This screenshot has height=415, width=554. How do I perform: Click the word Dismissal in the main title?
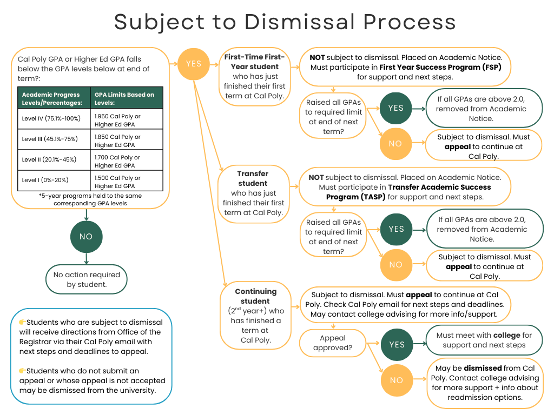tap(299, 22)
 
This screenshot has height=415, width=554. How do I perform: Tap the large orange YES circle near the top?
tap(193, 64)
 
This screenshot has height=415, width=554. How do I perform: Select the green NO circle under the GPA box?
tap(86, 237)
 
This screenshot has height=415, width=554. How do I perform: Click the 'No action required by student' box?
tap(87, 279)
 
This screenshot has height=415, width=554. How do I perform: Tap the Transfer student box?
tap(253, 193)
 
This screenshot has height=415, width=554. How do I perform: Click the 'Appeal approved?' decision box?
tap(332, 343)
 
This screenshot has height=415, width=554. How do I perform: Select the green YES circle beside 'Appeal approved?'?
tap(396, 345)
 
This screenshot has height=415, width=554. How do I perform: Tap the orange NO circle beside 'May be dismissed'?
tap(396, 380)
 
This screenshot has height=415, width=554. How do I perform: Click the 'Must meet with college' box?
tap(484, 340)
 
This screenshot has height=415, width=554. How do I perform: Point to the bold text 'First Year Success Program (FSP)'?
tap(440, 67)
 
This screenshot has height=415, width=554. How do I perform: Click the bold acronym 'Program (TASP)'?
tap(355, 197)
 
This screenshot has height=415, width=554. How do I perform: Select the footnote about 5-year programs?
tap(90, 199)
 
